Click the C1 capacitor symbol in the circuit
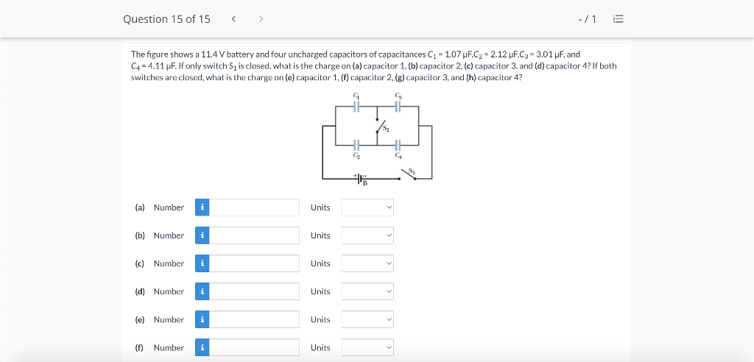356,106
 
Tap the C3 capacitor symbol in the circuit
398,106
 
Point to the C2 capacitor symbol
356,144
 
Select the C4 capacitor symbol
398,144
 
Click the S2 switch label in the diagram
386,128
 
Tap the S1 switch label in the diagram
412,171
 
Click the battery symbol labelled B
361,178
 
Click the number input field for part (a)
254,207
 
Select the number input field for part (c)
254,263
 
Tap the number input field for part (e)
254,320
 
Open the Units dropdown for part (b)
367,235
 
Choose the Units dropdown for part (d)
367,292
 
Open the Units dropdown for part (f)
367,347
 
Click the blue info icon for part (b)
202,235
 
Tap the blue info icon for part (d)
202,292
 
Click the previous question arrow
233,18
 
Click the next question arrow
261,18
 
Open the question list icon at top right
619,19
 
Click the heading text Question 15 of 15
166,18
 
